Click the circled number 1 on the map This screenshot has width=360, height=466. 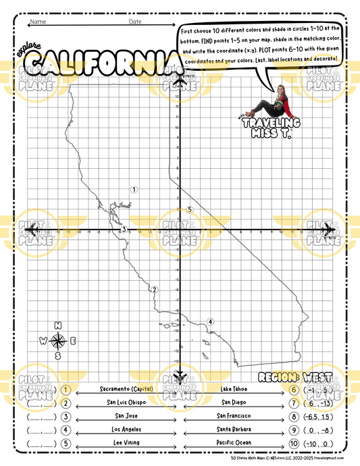pyautogui.click(x=134, y=190)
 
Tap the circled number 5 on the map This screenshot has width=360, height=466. pyautogui.click(x=190, y=209)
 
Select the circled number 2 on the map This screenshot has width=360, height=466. pyautogui.click(x=154, y=290)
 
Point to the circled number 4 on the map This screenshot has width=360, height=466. pyautogui.click(x=211, y=321)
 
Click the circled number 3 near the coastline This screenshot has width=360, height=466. pyautogui.click(x=124, y=230)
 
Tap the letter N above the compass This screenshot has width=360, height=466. pyautogui.click(x=59, y=325)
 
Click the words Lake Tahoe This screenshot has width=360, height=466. pyautogui.click(x=234, y=389)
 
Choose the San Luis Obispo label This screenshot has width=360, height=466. pyautogui.click(x=126, y=402)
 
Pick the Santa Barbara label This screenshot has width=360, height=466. pyautogui.click(x=234, y=429)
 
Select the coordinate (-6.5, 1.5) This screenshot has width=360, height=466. pyautogui.click(x=314, y=416)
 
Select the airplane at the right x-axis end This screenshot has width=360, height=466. pyautogui.click(x=327, y=230)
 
